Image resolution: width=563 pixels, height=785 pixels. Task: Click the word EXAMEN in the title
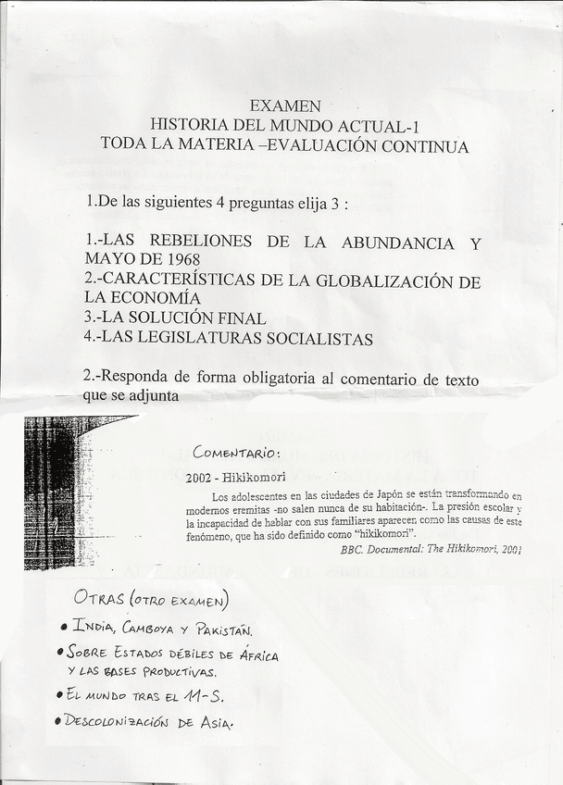point(286,106)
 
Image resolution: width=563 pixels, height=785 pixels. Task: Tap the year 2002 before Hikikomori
point(201,478)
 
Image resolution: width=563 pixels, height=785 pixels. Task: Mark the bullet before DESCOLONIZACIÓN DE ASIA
point(57,720)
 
